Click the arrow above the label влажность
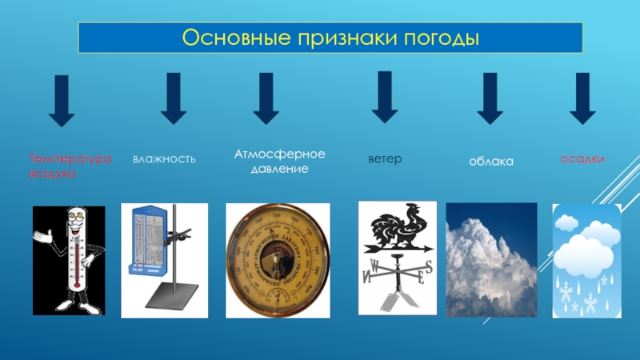(174, 99)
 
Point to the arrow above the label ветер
(385, 97)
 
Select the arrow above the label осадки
(582, 99)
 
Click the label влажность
(164, 159)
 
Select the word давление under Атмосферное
(274, 170)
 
